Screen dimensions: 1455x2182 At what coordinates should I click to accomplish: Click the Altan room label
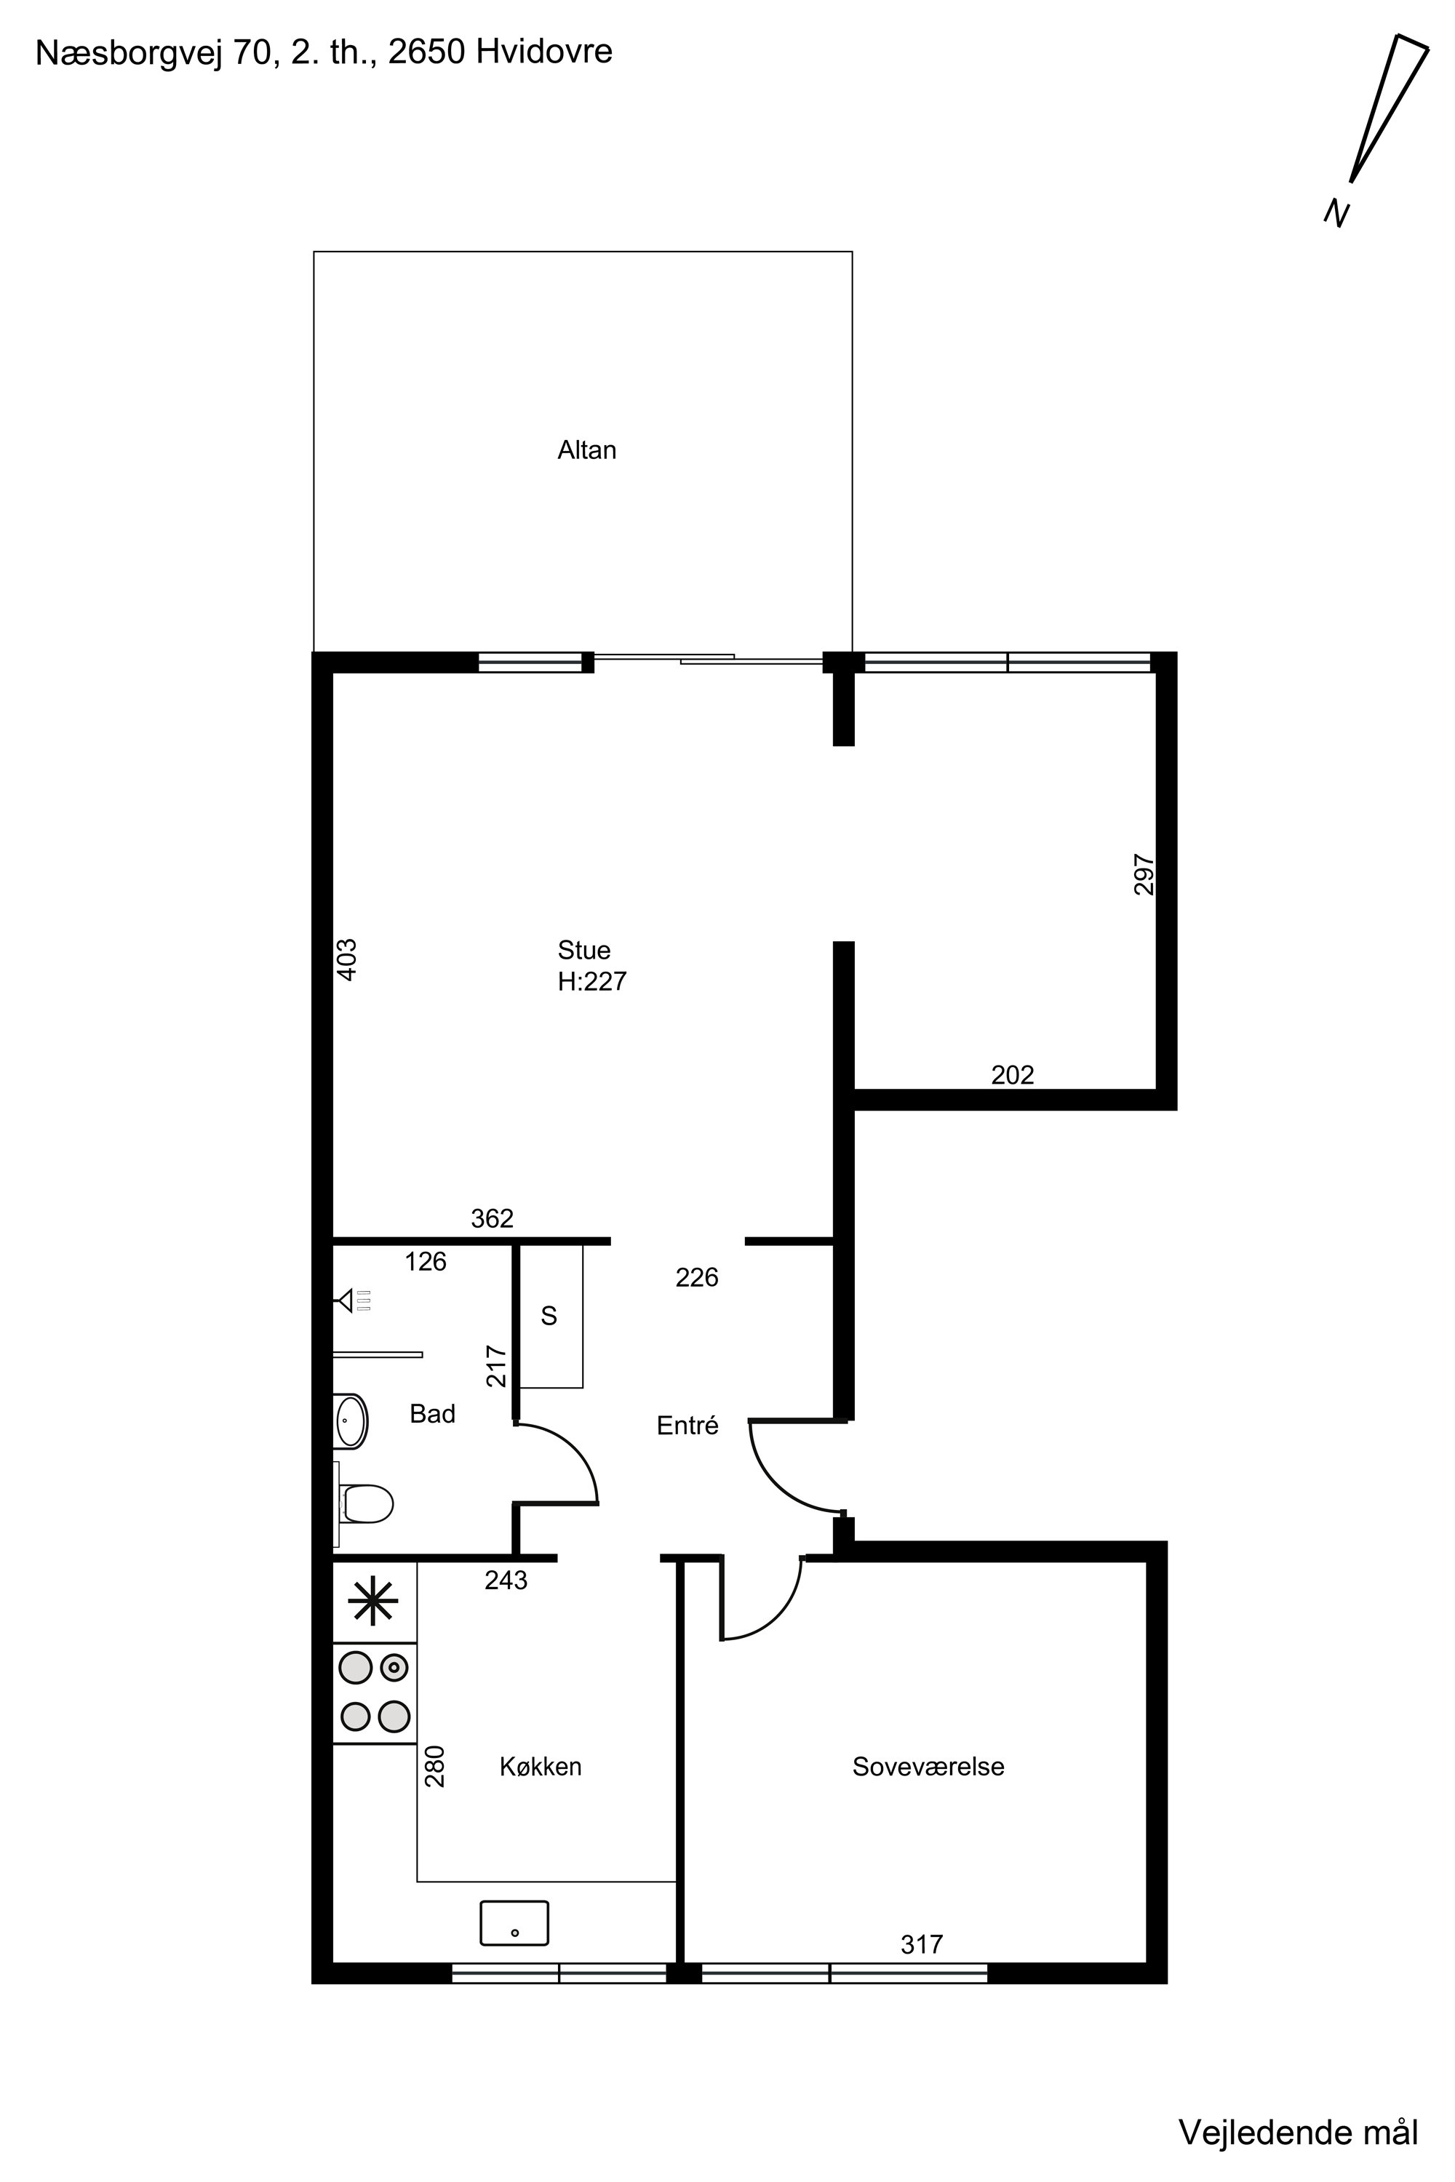tap(586, 450)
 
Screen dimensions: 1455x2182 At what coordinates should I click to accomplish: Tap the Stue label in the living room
tap(583, 950)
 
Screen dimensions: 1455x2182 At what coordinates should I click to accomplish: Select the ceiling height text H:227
tap(592, 981)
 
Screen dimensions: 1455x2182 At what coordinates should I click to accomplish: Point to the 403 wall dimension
tap(346, 959)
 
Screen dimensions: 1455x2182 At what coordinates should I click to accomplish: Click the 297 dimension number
tap(1144, 874)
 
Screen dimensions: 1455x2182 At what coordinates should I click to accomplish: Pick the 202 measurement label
tap(1013, 1075)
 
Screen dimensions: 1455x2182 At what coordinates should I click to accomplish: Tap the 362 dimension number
tap(492, 1218)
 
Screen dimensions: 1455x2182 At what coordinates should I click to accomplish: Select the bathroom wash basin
tap(351, 1420)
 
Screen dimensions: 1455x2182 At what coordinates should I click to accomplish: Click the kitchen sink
tap(514, 1922)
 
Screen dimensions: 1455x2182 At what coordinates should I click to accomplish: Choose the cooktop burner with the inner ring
tap(394, 1667)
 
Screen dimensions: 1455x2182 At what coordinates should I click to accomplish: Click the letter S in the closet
tap(549, 1316)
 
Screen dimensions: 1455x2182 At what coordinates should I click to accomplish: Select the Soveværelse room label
tap(928, 1767)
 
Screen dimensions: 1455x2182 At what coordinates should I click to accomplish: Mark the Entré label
tap(687, 1425)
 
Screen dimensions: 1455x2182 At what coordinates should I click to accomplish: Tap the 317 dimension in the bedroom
tap(922, 1944)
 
